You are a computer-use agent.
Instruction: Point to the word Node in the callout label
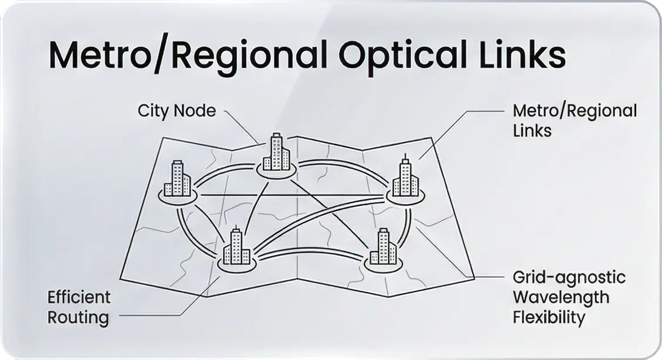(196, 110)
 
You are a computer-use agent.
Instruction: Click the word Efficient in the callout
(79, 297)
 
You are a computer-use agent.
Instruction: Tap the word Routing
(78, 318)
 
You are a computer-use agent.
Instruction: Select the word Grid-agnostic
(569, 277)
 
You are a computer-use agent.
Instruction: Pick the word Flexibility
(549, 318)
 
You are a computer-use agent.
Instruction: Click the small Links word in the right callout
(532, 130)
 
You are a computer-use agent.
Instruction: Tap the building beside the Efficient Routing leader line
(236, 247)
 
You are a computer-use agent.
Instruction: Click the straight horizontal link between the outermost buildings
(293, 194)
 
